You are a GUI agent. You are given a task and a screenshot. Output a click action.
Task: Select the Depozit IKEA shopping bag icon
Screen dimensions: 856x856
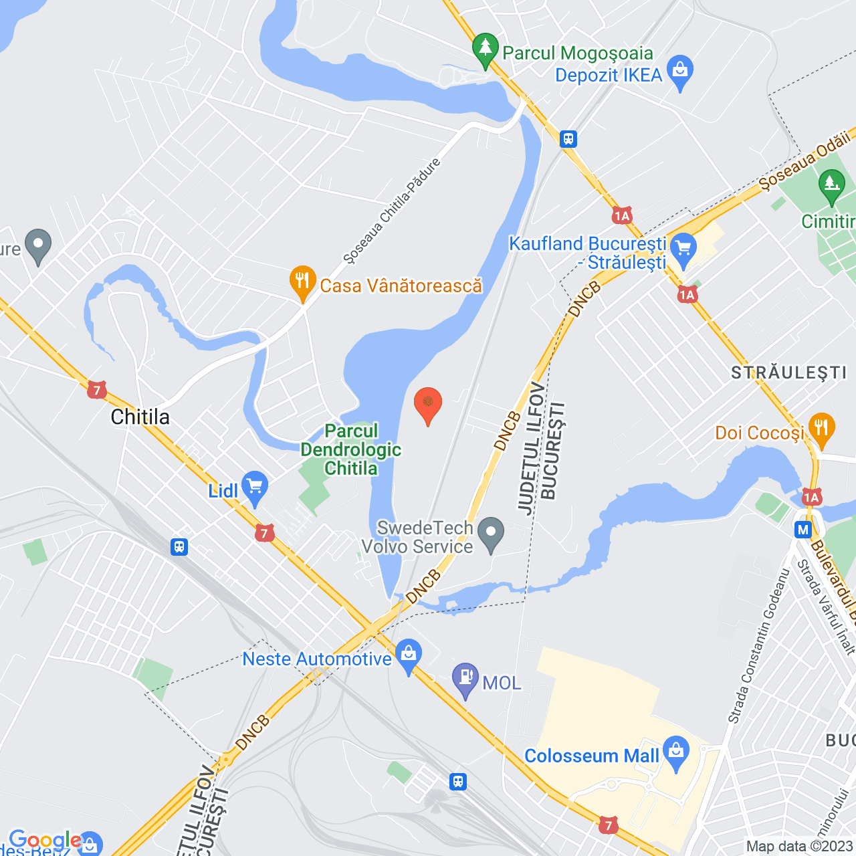tap(680, 71)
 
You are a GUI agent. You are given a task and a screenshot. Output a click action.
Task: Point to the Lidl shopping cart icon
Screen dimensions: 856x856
tap(255, 488)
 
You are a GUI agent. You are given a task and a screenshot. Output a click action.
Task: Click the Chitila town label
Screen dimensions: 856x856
tap(140, 417)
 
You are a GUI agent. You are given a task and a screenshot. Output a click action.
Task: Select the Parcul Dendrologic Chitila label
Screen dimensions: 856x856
tap(350, 449)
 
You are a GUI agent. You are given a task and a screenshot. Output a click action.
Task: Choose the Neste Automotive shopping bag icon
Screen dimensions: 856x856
tap(408, 656)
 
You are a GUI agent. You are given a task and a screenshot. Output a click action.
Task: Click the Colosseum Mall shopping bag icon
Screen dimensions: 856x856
tap(676, 752)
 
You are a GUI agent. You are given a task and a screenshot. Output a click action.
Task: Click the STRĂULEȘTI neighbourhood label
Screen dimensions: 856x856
tap(789, 372)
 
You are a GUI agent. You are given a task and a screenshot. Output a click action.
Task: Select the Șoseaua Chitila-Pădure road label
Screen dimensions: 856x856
tap(392, 210)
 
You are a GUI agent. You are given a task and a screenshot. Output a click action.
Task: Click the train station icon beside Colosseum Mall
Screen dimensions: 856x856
tap(458, 781)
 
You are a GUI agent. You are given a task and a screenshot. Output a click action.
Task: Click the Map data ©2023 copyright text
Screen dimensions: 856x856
tap(800, 847)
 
